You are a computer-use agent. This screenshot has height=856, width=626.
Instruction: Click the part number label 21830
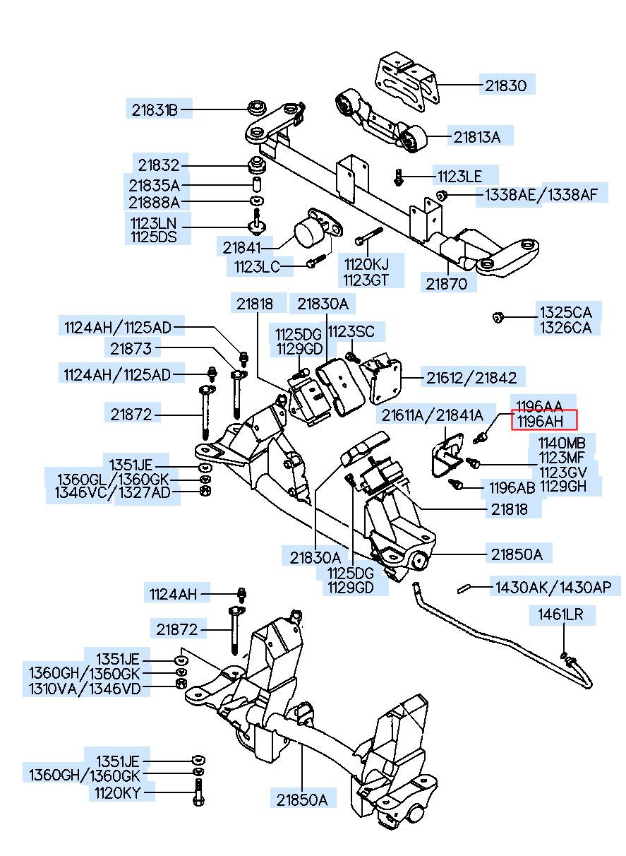coord(505,86)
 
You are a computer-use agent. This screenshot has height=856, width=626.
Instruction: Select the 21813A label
coord(477,137)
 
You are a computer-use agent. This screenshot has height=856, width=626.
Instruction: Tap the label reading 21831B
coord(154,109)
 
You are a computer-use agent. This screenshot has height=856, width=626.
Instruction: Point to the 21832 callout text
coord(159,165)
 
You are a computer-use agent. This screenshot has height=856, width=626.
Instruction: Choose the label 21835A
coord(154,186)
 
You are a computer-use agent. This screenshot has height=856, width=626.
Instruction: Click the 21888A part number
coord(154,203)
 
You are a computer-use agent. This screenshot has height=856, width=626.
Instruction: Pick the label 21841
coord(242,248)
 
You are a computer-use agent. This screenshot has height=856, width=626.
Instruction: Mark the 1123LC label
coord(257,267)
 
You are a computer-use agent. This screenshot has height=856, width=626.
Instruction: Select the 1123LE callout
coord(460,175)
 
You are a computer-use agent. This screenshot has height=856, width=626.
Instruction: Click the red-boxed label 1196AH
coord(544,421)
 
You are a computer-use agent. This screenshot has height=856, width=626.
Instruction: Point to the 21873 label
coord(131,347)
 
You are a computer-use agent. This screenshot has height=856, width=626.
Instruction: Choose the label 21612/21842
coord(471,378)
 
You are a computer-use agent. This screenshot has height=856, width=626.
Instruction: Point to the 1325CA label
coord(566,312)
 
